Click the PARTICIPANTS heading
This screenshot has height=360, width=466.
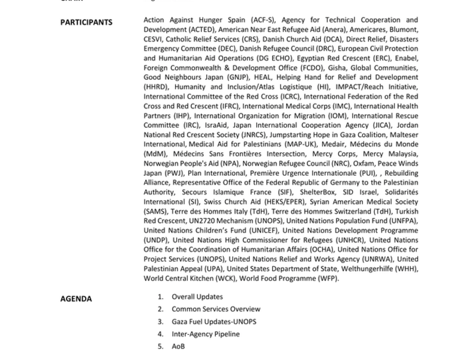click(86, 22)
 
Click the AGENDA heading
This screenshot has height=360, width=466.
click(76, 298)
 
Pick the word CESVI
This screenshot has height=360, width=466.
click(154, 39)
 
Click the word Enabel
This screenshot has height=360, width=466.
click(405, 58)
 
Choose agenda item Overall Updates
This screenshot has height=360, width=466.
click(197, 296)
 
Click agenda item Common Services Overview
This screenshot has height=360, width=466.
click(215, 309)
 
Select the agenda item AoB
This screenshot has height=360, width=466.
click(178, 346)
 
